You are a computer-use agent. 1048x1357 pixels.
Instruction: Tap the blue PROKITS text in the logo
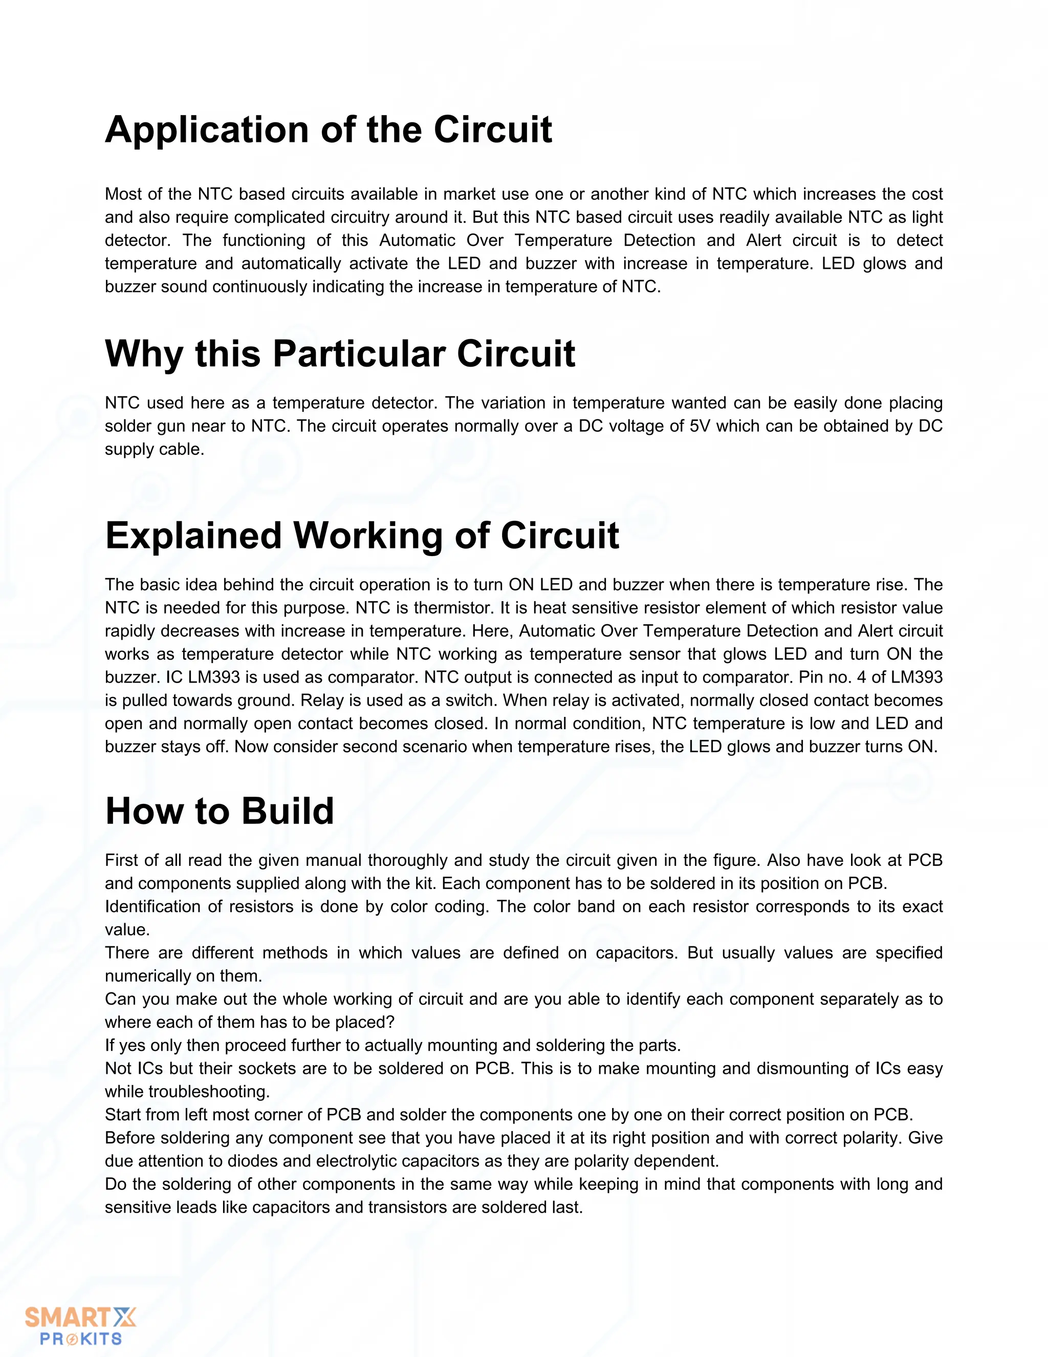tap(81, 1339)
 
